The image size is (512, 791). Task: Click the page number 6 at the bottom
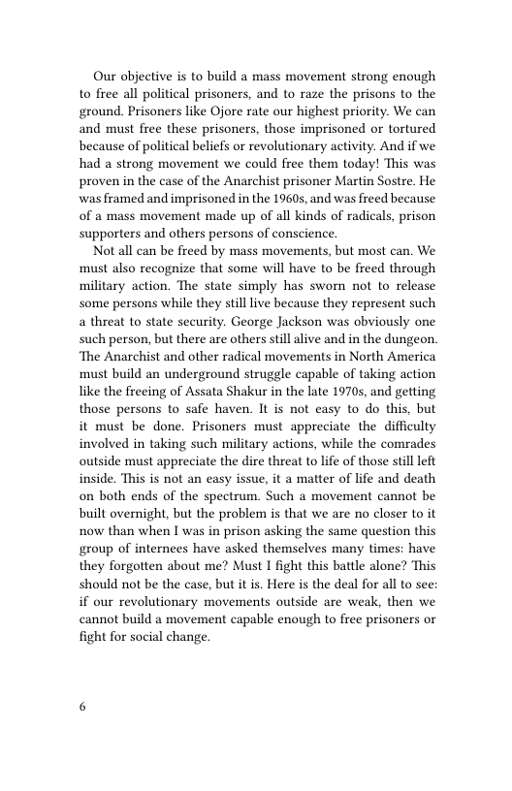coord(82,706)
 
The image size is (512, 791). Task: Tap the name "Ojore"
coord(232,111)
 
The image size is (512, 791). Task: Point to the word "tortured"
coord(408,129)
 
